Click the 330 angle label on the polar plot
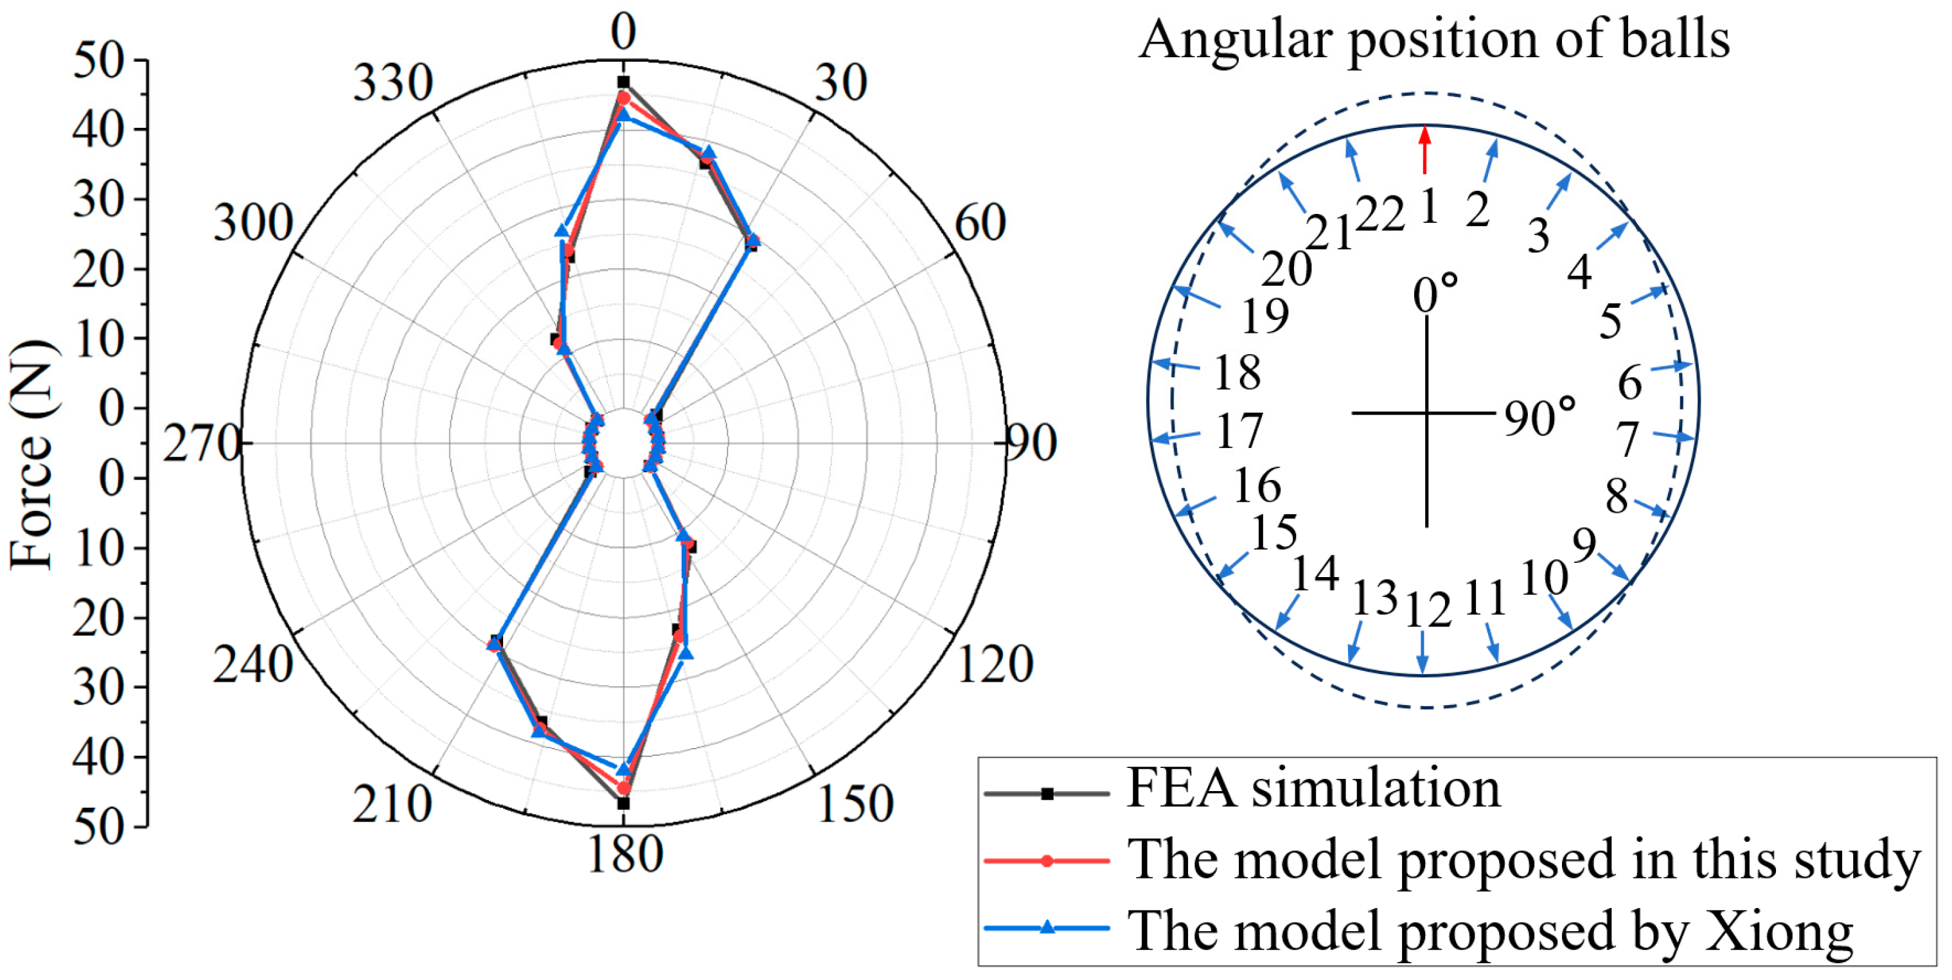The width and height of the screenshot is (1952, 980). pos(393,84)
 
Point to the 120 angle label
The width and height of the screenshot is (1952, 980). pos(995,664)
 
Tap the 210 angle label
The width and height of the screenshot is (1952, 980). pos(392,805)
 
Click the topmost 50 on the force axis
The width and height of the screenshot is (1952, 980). pos(98,60)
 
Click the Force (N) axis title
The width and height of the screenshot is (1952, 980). pos(32,455)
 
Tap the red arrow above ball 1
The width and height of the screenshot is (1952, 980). pos(1425,149)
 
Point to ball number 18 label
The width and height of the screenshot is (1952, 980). pos(1238,373)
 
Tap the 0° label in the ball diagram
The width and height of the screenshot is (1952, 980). pos(1435,293)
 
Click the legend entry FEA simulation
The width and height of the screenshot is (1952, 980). pos(1313,789)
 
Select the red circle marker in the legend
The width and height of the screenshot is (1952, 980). pos(1047,861)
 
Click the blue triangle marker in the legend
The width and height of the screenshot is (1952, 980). pos(1047,928)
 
